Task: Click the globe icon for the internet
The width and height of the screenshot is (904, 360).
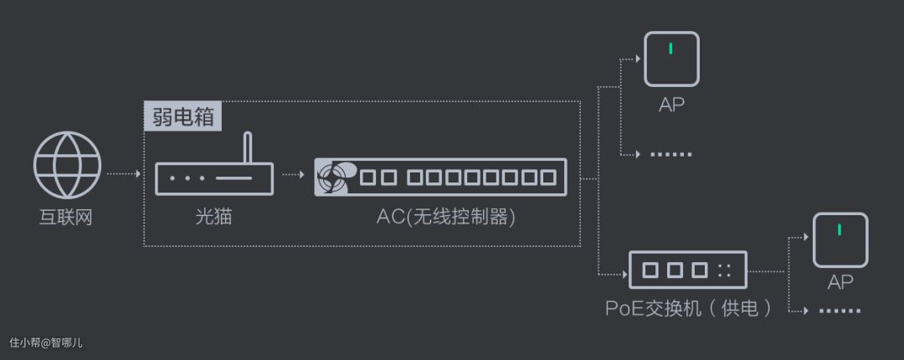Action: pyautogui.click(x=67, y=165)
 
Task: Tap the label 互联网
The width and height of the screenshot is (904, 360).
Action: pyautogui.click(x=66, y=218)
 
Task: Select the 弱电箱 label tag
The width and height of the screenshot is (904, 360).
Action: pyautogui.click(x=183, y=116)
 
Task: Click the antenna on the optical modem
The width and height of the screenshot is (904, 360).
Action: pyautogui.click(x=247, y=147)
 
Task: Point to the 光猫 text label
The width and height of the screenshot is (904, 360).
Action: pyautogui.click(x=213, y=218)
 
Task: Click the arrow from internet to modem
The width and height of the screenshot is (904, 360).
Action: pyautogui.click(x=126, y=175)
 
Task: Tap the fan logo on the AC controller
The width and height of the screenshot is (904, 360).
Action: pyautogui.click(x=333, y=177)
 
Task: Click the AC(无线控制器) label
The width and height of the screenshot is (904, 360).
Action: pyautogui.click(x=445, y=217)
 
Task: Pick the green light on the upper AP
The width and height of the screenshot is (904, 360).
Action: pyautogui.click(x=670, y=49)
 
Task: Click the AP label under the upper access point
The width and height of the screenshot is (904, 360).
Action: pyautogui.click(x=671, y=105)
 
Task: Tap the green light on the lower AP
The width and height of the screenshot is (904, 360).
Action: pyautogui.click(x=840, y=229)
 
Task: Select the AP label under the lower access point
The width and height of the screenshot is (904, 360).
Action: pyautogui.click(x=840, y=282)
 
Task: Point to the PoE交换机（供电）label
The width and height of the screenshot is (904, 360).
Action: pyautogui.click(x=688, y=308)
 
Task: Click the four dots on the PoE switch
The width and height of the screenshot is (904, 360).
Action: pyautogui.click(x=724, y=271)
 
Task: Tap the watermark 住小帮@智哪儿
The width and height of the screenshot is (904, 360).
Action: pyautogui.click(x=46, y=342)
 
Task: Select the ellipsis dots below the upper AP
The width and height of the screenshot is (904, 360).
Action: pyautogui.click(x=671, y=155)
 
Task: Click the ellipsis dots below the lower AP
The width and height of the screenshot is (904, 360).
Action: pyautogui.click(x=840, y=311)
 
